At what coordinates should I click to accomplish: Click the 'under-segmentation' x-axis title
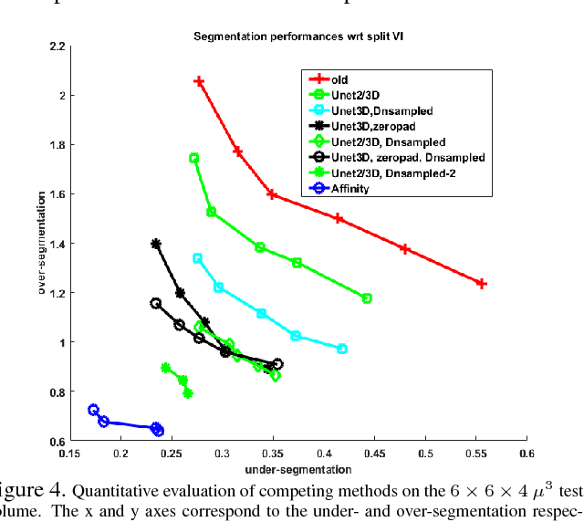pos(298,469)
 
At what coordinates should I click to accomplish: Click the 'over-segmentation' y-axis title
pos(42,244)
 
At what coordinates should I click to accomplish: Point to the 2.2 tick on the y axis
pos(56,47)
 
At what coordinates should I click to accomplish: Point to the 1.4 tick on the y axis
pos(56,244)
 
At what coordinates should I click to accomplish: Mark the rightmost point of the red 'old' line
pos(482,284)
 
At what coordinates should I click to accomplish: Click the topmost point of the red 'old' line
pos(199,82)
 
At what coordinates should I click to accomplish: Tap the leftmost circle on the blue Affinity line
pos(93,410)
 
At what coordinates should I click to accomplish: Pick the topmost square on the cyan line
pos(197,258)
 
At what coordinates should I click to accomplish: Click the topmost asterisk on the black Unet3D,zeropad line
pos(156,244)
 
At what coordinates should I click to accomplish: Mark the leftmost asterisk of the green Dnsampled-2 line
pos(166,368)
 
